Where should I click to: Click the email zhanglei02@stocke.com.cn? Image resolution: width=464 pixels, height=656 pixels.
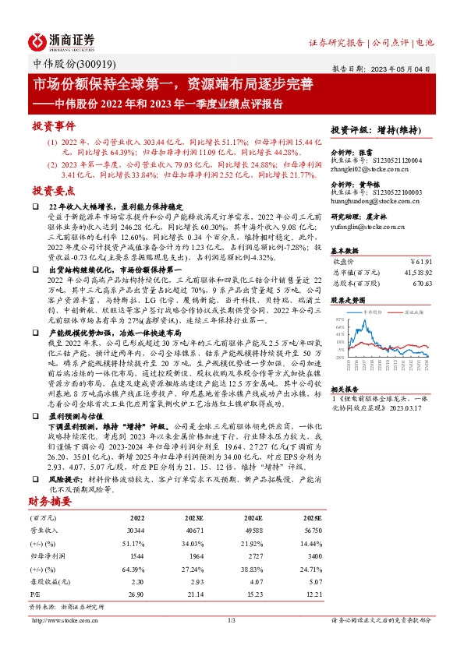pos(367,168)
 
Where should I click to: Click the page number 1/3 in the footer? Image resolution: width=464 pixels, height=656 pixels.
pos(232,620)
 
